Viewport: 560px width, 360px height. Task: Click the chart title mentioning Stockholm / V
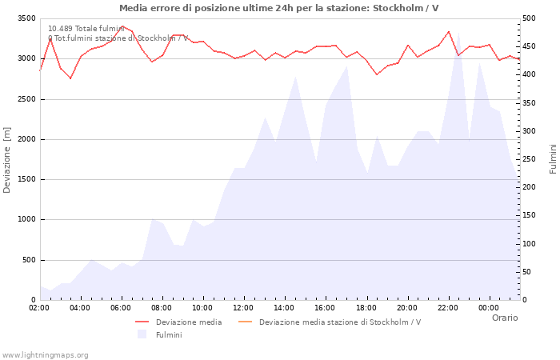pyautogui.click(x=279, y=8)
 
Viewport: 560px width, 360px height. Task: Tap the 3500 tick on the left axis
pyautogui.click(x=26, y=18)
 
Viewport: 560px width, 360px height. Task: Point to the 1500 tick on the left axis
pyautogui.click(x=26, y=179)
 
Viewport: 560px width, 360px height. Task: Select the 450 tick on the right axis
pyautogui.click(x=529, y=46)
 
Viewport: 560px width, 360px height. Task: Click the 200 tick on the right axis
pyautogui.click(x=529, y=187)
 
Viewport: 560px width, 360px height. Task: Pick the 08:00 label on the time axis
pyautogui.click(x=162, y=308)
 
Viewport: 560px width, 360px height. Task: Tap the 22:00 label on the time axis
pyautogui.click(x=448, y=308)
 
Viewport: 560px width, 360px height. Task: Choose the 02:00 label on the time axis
pyautogui.click(x=39, y=308)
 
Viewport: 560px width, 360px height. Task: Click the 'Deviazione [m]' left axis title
pyautogui.click(x=6, y=160)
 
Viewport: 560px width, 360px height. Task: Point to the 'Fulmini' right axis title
pyautogui.click(x=553, y=159)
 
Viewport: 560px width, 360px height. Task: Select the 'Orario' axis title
pyautogui.click(x=505, y=318)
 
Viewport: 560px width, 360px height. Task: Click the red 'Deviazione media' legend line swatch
pyautogui.click(x=142, y=322)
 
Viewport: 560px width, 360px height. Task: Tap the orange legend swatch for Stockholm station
pyautogui.click(x=245, y=322)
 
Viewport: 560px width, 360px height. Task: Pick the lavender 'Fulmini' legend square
pyautogui.click(x=142, y=334)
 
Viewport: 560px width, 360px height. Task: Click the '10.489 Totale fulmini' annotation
pyautogui.click(x=86, y=29)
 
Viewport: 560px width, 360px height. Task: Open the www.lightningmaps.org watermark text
pyautogui.click(x=45, y=355)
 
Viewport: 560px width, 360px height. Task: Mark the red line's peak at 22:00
pyautogui.click(x=449, y=32)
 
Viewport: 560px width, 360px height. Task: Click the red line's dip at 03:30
pyautogui.click(x=70, y=78)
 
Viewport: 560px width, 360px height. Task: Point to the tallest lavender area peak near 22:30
pyautogui.click(x=458, y=33)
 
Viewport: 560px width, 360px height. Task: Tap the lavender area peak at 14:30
pyautogui.click(x=295, y=77)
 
